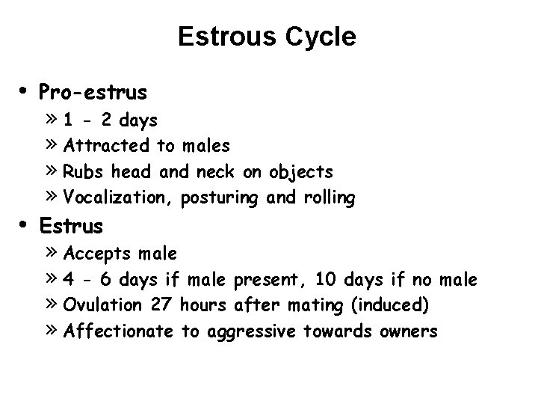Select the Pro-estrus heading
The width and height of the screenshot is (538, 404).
coord(93,92)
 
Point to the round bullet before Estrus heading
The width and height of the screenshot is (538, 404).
coord(25,224)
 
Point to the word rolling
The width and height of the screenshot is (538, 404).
coord(330,198)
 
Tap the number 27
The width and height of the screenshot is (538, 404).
coord(161,305)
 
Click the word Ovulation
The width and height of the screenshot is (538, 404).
coord(103,305)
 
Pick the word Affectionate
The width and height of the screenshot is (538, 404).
coord(119,331)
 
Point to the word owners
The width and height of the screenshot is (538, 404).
coord(408,331)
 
